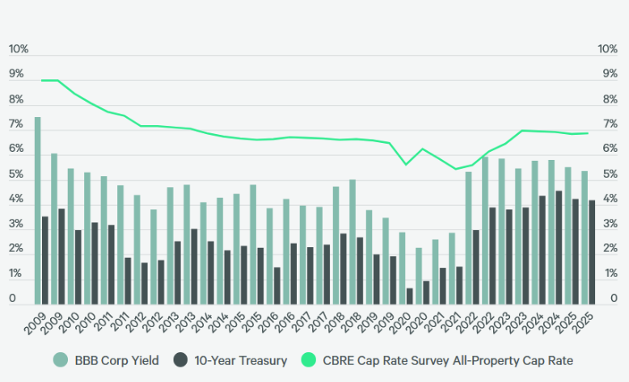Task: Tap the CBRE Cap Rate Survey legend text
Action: tap(446, 360)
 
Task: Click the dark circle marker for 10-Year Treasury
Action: tap(183, 360)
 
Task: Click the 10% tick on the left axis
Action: tap(19, 49)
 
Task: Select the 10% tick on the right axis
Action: tap(608, 49)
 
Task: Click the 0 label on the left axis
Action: tap(13, 300)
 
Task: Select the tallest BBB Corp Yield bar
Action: tap(37, 211)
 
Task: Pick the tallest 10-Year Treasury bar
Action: tap(559, 247)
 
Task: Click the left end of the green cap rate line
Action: tap(41, 81)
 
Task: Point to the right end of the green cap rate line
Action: tap(588, 133)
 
